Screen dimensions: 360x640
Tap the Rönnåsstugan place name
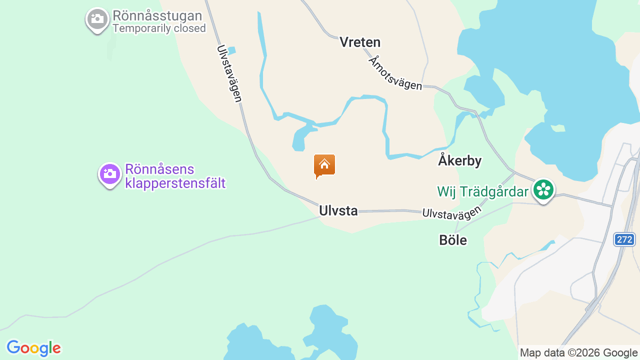pyautogui.click(x=157, y=16)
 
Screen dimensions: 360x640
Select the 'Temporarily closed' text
pyautogui.click(x=159, y=28)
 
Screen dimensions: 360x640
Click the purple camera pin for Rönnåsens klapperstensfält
pyautogui.click(x=109, y=174)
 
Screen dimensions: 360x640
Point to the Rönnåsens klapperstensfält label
pyautogui.click(x=175, y=176)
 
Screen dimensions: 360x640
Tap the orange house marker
pyautogui.click(x=324, y=165)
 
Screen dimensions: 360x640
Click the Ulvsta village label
pyautogui.click(x=338, y=211)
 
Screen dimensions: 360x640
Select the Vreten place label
pyautogui.click(x=360, y=42)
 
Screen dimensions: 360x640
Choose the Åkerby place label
pyautogui.click(x=459, y=160)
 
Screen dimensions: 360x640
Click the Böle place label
pyautogui.click(x=453, y=240)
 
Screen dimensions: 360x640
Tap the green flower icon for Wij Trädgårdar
pyautogui.click(x=543, y=190)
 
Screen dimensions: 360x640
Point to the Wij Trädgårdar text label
pyautogui.click(x=482, y=192)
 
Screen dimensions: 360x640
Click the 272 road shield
pyautogui.click(x=624, y=239)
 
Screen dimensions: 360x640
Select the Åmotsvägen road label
pyautogui.click(x=395, y=73)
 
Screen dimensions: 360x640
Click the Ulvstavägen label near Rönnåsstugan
pyautogui.click(x=229, y=73)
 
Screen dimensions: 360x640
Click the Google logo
pyautogui.click(x=33, y=348)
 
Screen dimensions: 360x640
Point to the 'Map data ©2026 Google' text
pyautogui.click(x=578, y=353)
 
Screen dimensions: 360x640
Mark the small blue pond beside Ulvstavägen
pyautogui.click(x=231, y=50)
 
